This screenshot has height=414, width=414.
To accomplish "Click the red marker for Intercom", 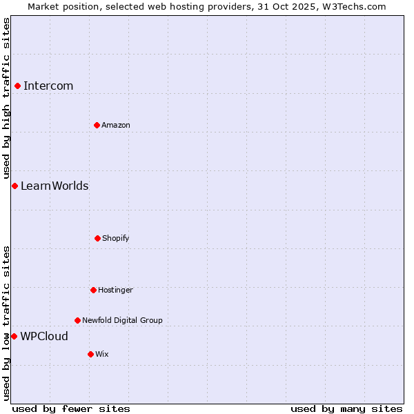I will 17,86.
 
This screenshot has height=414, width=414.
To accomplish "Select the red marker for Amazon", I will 97,125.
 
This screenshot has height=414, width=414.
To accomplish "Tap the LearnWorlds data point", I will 14,186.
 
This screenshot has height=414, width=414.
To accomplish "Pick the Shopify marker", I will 97,238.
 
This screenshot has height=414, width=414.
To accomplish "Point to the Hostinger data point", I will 93,290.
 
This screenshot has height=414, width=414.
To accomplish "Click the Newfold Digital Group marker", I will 77,320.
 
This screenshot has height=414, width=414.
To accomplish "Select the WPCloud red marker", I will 14,336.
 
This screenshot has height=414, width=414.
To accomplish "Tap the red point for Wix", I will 90,354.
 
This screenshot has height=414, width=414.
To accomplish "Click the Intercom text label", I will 48,86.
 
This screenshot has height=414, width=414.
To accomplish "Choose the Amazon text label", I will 116,126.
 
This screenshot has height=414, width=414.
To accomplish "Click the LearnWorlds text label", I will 55,186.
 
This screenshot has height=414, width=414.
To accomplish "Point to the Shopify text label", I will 116,239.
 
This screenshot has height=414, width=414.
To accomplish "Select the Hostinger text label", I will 115,290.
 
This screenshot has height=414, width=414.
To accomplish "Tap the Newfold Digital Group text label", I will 122,321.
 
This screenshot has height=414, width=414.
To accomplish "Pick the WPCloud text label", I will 44,337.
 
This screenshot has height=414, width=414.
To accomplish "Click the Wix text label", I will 102,355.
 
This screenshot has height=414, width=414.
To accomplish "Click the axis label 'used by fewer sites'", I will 71,409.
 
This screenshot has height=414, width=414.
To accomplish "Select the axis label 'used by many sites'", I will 346,409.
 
